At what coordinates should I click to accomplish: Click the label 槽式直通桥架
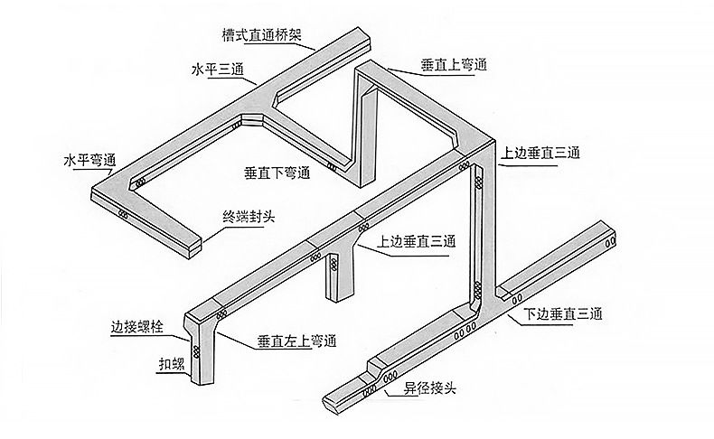coord(261,37)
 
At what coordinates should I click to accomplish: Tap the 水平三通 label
coord(218,70)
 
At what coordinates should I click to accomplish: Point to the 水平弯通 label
coord(89,162)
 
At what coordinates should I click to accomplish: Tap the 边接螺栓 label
coord(136,327)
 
